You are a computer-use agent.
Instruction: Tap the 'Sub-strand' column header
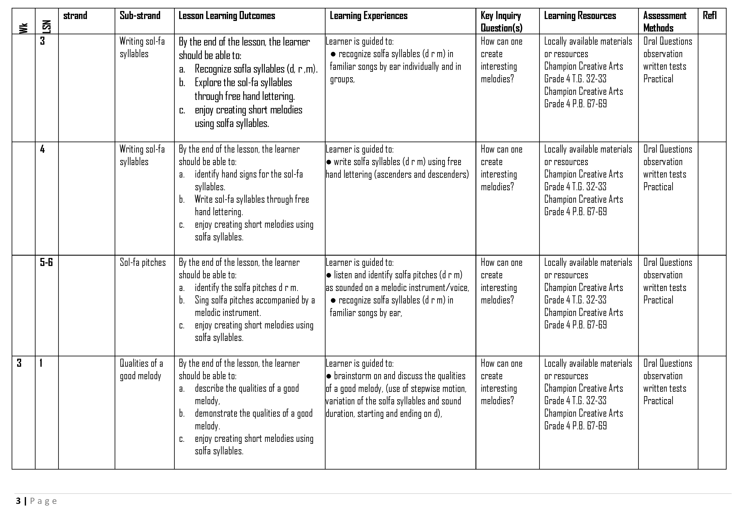[140, 15]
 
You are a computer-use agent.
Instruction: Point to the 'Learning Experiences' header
[368, 15]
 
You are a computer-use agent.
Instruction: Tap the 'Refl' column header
[709, 15]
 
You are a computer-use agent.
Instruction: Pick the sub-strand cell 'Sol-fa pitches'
[143, 262]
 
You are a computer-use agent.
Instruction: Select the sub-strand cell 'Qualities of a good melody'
[141, 369]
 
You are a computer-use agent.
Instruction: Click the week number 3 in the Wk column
[19, 363]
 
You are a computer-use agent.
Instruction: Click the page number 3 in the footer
[18, 501]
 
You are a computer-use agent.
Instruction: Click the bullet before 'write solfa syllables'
[329, 162]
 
